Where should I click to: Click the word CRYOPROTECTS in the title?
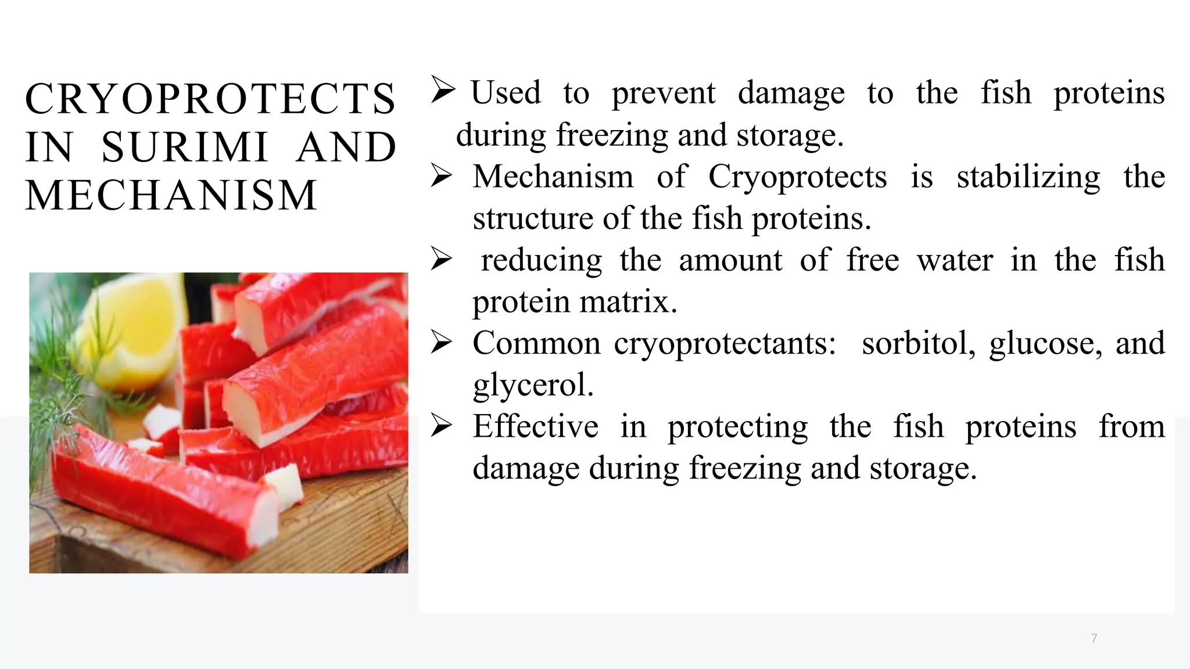[210, 99]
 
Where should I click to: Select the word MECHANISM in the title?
[171, 195]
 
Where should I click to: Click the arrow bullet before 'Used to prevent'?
[443, 91]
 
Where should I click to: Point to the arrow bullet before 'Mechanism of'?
[442, 175]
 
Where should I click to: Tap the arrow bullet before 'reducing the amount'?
[442, 259]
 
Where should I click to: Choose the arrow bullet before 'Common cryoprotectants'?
[442, 343]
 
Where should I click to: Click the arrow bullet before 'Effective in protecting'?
[442, 426]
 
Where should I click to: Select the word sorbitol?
[918, 343]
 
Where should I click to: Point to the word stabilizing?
[1028, 177]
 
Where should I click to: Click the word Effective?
[535, 426]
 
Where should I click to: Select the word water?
[955, 260]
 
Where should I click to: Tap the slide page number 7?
[1094, 639]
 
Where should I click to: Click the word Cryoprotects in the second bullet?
[797, 177]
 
